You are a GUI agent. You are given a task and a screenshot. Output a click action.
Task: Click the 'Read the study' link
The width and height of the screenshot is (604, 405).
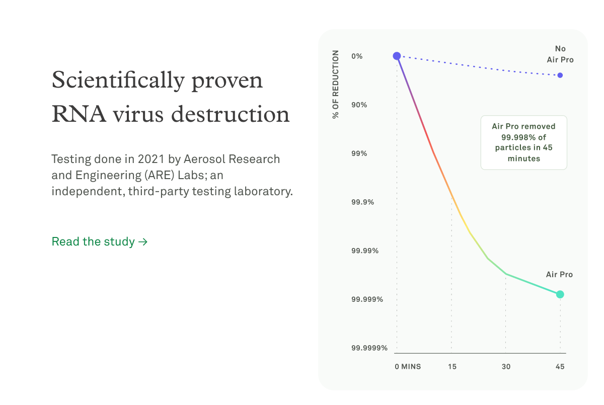coord(99,241)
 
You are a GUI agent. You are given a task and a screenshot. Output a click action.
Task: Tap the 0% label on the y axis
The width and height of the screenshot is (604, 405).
coord(357,56)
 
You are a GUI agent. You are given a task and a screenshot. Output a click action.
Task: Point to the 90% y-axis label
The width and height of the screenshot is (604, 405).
coord(359,105)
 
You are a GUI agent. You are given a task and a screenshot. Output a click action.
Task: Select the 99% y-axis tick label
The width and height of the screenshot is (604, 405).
coord(359,153)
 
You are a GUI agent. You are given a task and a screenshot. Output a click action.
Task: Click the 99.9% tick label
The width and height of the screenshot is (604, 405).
coord(362,202)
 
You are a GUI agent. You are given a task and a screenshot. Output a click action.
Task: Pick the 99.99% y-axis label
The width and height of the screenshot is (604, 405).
coord(364,251)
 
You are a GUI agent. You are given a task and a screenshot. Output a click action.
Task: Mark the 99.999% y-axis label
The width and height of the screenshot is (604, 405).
coord(367,299)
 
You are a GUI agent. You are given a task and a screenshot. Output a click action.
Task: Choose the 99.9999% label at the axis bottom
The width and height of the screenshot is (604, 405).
coord(369,348)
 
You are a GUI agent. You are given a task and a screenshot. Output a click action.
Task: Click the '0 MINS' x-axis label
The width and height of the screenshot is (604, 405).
coord(408,367)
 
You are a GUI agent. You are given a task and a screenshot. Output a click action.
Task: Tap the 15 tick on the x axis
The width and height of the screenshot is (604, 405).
coord(452,367)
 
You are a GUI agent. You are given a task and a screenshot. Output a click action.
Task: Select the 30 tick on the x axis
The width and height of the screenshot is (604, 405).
coord(506,367)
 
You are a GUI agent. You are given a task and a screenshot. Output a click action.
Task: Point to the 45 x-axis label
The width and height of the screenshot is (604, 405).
coord(560,367)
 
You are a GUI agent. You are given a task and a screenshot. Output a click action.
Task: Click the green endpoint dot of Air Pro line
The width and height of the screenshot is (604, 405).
coord(560,294)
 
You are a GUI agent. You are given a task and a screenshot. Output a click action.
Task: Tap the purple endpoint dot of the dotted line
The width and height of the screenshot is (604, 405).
coord(560,75)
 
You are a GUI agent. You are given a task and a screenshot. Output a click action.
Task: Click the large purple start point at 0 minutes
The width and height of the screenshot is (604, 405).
coord(397,56)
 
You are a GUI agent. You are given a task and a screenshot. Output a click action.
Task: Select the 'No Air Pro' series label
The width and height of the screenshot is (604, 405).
coord(560,54)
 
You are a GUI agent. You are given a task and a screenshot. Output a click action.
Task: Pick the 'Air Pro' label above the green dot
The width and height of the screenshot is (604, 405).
coord(559,275)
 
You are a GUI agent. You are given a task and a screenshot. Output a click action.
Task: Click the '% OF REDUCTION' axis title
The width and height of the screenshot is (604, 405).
coord(336,85)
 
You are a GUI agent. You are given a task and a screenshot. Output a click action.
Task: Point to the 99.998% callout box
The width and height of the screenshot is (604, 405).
coord(524,143)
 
